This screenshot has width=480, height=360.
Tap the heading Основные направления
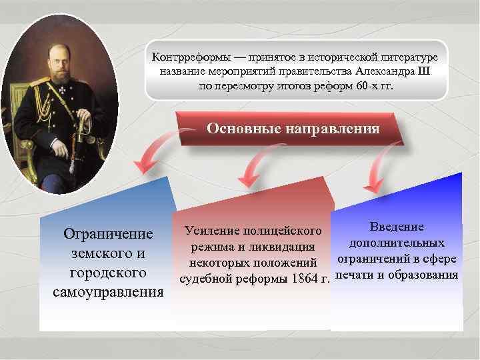[293, 128]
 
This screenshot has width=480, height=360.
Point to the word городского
[108, 273]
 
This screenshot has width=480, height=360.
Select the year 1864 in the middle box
[305, 278]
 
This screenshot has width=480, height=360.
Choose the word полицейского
[284, 231]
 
